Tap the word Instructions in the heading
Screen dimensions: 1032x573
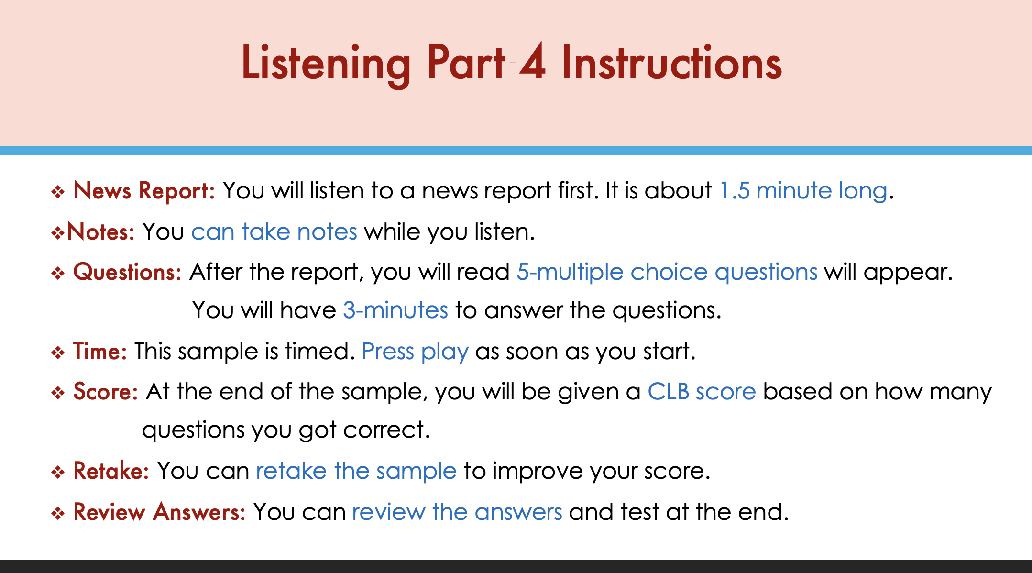click(x=672, y=62)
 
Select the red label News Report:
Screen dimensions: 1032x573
click(x=144, y=191)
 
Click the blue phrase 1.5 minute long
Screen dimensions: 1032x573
click(x=803, y=191)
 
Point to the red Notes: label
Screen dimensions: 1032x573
click(x=101, y=232)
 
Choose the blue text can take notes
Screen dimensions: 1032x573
click(x=274, y=232)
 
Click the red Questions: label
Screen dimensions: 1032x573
click(x=127, y=272)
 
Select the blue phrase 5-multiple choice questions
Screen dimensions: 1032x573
click(x=667, y=273)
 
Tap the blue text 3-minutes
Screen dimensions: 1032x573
click(x=395, y=310)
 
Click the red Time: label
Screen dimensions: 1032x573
click(x=99, y=352)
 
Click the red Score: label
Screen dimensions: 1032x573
click(x=106, y=392)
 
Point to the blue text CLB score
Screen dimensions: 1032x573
click(x=702, y=392)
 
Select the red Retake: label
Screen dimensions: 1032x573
click(x=111, y=471)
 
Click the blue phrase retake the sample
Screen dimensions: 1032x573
click(x=356, y=472)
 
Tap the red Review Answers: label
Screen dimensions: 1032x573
click(x=159, y=512)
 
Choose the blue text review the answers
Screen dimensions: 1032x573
click(x=457, y=512)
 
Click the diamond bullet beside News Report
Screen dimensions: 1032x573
click(x=58, y=192)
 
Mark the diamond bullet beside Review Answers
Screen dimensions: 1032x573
click(x=58, y=514)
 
